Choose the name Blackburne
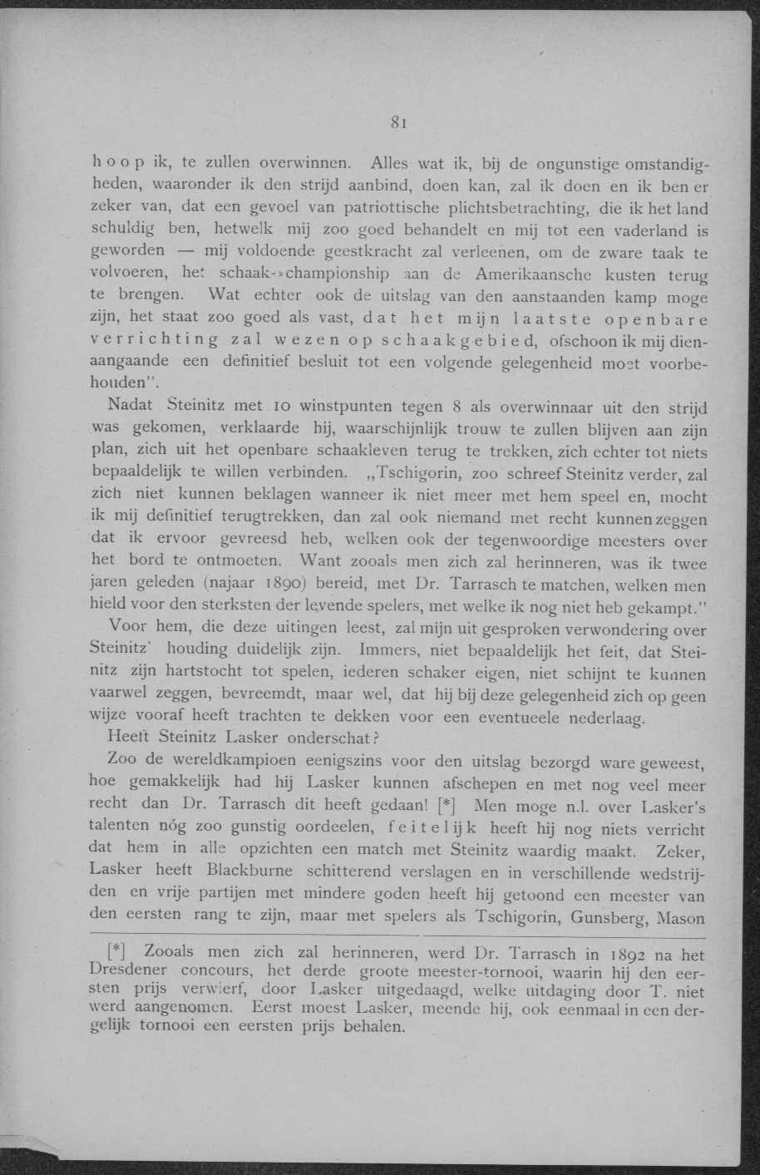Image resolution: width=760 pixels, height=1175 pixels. [x=252, y=871]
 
